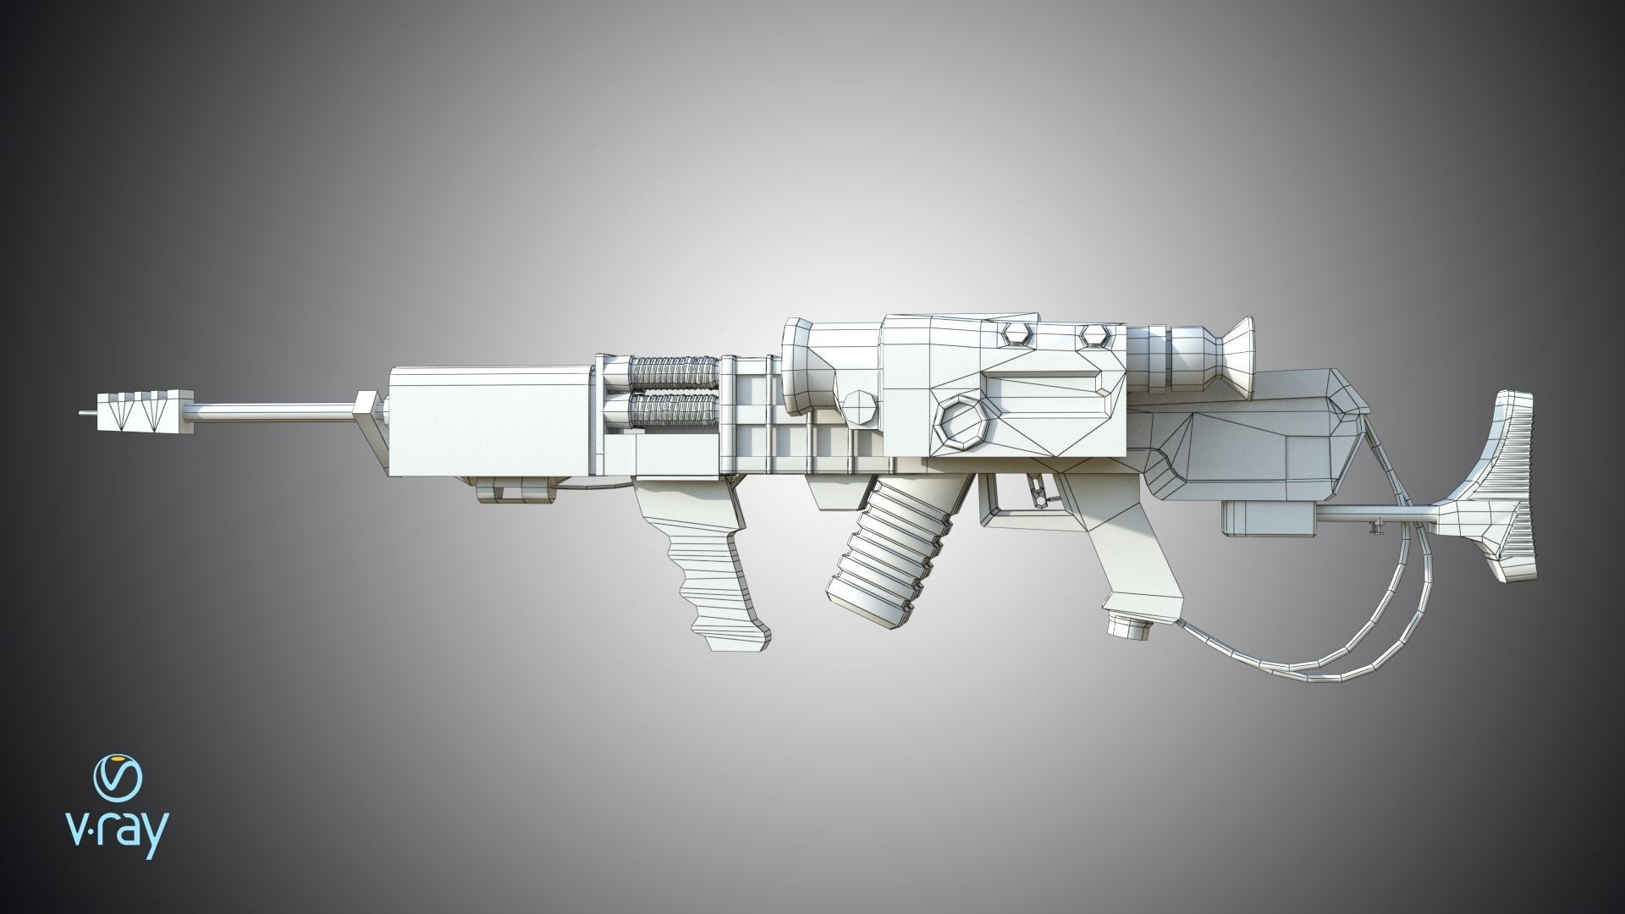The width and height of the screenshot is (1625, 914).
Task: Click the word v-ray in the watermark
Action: [117, 836]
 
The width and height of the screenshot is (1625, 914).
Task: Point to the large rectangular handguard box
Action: [487, 421]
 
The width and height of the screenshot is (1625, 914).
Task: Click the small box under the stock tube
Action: [1266, 517]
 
